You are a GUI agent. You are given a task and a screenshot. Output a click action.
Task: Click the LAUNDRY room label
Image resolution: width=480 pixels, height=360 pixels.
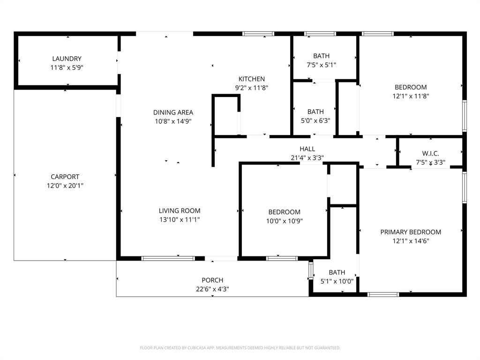pyautogui.click(x=67, y=59)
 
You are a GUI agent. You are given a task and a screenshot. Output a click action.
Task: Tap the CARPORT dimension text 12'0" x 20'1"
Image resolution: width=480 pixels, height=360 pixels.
pyautogui.click(x=65, y=186)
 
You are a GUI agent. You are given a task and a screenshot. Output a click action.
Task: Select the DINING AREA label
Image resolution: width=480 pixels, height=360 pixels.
pyautogui.click(x=173, y=112)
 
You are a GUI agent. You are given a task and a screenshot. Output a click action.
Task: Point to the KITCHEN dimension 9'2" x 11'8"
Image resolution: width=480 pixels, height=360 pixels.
pyautogui.click(x=252, y=88)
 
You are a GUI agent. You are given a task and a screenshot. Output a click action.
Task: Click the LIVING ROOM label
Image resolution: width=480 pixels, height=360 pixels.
pyautogui.click(x=180, y=211)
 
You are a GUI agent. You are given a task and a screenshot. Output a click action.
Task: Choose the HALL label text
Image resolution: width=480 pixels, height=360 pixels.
pyautogui.click(x=307, y=149)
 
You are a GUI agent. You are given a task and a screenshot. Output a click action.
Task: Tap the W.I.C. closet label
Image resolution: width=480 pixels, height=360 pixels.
pyautogui.click(x=430, y=154)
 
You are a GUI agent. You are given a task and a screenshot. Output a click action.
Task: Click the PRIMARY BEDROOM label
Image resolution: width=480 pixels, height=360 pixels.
pyautogui.click(x=411, y=232)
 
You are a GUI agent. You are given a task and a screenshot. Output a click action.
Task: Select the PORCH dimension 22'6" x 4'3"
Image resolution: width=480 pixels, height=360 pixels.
pyautogui.click(x=212, y=289)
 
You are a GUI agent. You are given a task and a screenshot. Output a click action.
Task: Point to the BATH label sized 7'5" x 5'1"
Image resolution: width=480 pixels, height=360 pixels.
pyautogui.click(x=321, y=56)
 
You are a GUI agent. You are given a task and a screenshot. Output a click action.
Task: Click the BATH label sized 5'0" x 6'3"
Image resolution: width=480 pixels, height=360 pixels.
pyautogui.click(x=315, y=112)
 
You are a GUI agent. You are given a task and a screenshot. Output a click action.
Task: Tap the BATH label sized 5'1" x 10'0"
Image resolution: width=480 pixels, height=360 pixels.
pyautogui.click(x=337, y=272)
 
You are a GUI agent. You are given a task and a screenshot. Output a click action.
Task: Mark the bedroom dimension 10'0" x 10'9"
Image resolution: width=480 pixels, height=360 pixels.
pyautogui.click(x=284, y=221)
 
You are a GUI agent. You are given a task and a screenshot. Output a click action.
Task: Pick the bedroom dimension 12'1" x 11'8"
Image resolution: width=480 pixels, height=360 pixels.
pyautogui.click(x=411, y=96)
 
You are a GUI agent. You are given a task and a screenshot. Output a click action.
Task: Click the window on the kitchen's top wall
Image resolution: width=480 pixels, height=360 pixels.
pyautogui.click(x=258, y=34)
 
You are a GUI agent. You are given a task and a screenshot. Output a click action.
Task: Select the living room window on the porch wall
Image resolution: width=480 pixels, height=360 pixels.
pyautogui.click(x=168, y=258)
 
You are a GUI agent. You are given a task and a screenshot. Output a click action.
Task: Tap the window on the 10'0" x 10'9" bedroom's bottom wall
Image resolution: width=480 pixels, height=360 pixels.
pyautogui.click(x=282, y=258)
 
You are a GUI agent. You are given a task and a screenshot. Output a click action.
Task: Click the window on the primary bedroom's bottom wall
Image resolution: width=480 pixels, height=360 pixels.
pyautogui.click(x=383, y=294)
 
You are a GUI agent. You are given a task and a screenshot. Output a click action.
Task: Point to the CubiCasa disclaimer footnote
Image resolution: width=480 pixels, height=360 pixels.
pyautogui.click(x=240, y=348)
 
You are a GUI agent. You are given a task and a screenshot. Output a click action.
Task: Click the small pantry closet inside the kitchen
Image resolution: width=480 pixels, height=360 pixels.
pyautogui.click(x=226, y=116)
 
